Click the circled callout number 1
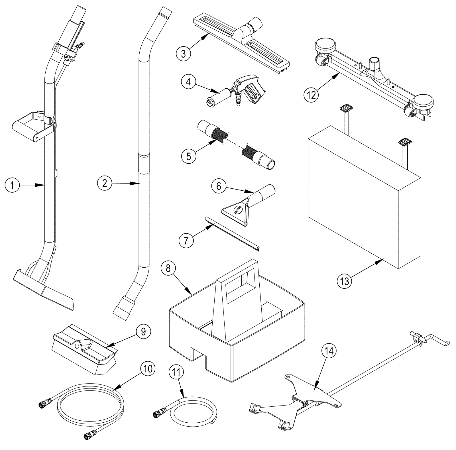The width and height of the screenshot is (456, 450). click(x=12, y=185)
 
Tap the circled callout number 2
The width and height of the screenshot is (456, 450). click(x=105, y=183)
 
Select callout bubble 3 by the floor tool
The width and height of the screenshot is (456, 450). click(x=183, y=54)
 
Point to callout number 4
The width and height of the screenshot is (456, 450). click(x=188, y=82)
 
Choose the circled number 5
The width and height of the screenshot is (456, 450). click(x=189, y=156)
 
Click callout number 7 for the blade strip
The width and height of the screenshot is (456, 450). click(x=186, y=240)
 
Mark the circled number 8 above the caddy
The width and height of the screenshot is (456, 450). click(x=168, y=268)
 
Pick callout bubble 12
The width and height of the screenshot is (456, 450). click(x=311, y=95)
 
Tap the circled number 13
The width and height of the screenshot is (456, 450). click(x=344, y=281)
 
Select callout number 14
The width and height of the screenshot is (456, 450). click(x=329, y=351)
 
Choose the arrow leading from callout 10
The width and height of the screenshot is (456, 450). click(x=128, y=380)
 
